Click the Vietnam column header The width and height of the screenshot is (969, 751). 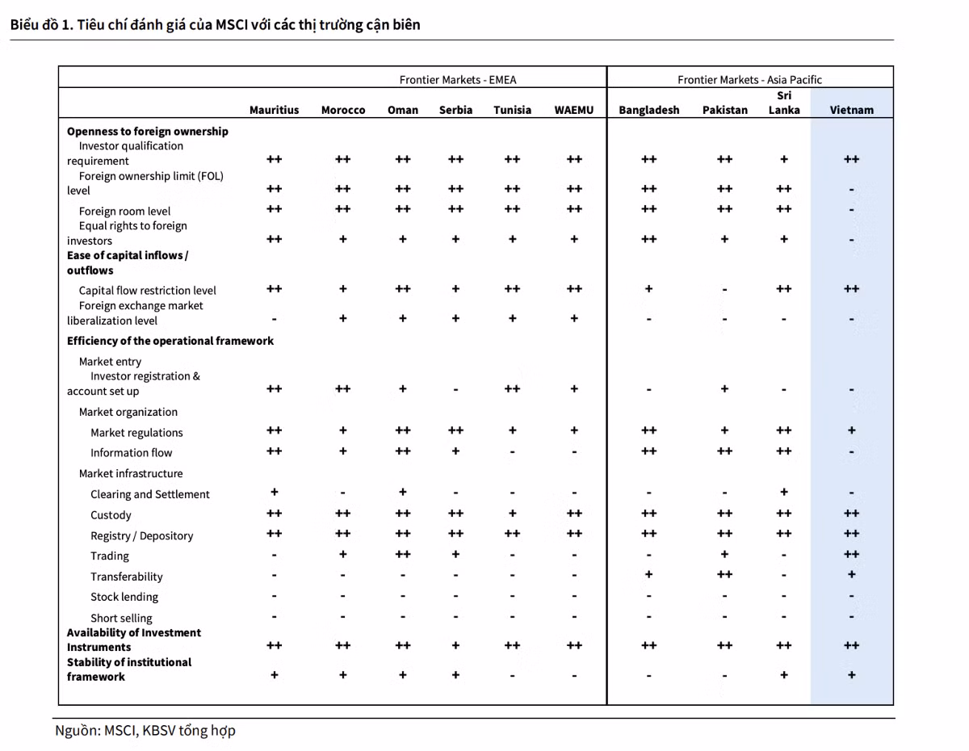coord(851,110)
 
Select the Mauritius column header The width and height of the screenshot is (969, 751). coord(274,110)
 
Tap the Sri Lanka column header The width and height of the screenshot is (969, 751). coord(783,103)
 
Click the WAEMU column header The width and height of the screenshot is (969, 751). coord(573,110)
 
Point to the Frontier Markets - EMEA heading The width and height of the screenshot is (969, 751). coord(458,79)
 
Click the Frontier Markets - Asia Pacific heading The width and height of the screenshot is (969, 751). coord(749,79)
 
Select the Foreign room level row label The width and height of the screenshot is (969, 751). coord(124,211)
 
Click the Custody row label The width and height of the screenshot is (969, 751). coord(111,514)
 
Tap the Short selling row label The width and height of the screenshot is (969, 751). coord(121,618)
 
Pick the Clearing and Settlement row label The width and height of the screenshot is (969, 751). coord(150,494)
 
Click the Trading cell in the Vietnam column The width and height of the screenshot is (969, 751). coord(851,554)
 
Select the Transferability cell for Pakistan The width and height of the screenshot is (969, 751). coord(724,574)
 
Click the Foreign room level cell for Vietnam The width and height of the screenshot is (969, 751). coord(851,210)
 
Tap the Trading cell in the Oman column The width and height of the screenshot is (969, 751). coord(402,554)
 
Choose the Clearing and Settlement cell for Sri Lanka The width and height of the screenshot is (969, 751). coord(783,492)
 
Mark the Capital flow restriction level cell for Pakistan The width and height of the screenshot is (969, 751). coord(724,290)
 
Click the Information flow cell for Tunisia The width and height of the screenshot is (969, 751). coord(512,452)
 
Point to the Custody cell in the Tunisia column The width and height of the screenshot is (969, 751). coord(512,513)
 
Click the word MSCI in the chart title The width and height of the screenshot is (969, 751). coord(232,24)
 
